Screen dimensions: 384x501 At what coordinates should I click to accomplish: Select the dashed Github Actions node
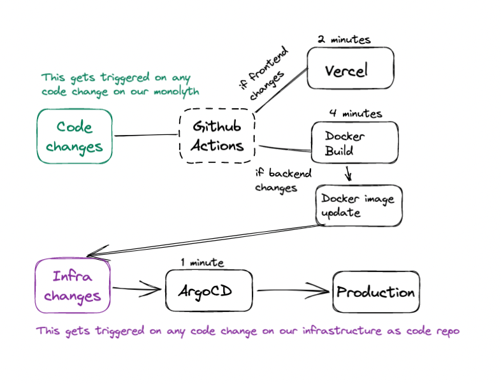[x=217, y=136]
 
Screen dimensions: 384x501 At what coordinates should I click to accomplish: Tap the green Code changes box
[x=75, y=137]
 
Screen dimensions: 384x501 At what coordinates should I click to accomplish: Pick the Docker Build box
[x=354, y=144]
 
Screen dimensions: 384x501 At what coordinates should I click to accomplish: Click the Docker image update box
[x=359, y=205]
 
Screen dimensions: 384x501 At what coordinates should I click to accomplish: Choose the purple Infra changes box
[x=73, y=286]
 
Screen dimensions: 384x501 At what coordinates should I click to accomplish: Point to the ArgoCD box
[x=208, y=291]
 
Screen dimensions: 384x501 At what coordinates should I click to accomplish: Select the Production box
[x=376, y=292]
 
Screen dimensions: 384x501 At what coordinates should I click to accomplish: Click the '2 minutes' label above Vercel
[x=344, y=39]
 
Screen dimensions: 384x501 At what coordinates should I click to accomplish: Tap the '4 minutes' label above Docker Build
[x=356, y=114]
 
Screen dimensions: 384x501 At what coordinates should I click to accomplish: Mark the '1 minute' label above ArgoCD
[x=202, y=262]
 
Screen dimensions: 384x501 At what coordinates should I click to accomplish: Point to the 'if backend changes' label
[x=282, y=180]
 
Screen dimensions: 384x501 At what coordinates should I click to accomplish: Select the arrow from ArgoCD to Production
[x=293, y=292]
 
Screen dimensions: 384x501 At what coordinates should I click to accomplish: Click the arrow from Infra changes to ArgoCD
[x=138, y=290]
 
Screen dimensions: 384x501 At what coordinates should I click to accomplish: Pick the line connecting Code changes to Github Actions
[x=146, y=135]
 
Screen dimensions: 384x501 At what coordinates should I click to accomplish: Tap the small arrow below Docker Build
[x=348, y=173]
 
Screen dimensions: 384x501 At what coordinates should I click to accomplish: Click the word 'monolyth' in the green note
[x=176, y=92]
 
